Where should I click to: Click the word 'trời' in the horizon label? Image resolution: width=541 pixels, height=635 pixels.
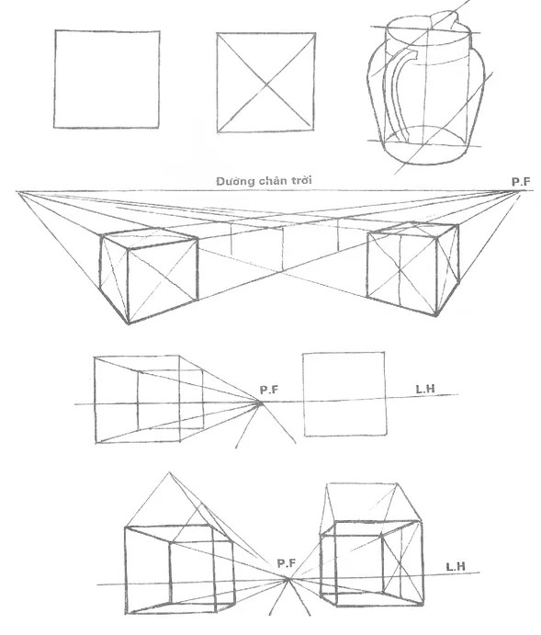click(299, 180)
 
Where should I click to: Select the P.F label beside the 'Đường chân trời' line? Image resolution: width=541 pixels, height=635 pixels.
click(521, 182)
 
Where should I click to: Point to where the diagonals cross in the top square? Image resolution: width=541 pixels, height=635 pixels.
click(265, 84)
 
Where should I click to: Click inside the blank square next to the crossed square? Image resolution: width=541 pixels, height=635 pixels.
click(107, 79)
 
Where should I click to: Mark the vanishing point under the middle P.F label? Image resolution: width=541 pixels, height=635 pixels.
click(260, 403)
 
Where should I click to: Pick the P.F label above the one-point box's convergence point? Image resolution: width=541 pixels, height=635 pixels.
click(269, 390)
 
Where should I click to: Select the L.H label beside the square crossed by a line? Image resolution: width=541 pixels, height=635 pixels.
click(425, 389)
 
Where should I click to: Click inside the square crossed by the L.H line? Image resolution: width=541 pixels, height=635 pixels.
click(344, 393)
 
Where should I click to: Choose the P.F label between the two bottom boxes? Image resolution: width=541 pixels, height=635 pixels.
click(287, 563)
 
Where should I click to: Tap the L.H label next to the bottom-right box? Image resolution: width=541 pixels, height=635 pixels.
click(456, 567)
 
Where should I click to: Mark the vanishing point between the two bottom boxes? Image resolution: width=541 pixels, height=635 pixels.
click(288, 580)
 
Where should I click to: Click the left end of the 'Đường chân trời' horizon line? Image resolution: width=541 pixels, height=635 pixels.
click(17, 191)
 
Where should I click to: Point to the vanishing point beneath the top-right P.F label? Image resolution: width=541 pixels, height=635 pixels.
click(517, 191)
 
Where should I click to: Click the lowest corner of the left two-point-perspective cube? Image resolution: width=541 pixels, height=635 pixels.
click(129, 324)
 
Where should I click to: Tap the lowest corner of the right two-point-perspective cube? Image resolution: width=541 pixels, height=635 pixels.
click(436, 315)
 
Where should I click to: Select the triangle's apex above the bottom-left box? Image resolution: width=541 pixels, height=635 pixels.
click(169, 472)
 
